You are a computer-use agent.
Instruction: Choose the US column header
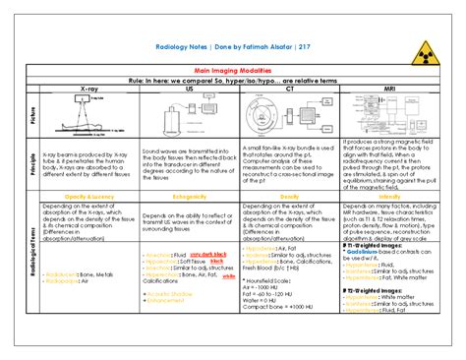point(184,89)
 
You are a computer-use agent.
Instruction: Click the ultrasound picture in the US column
point(184,116)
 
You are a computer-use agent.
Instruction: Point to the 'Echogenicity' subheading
point(184,197)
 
